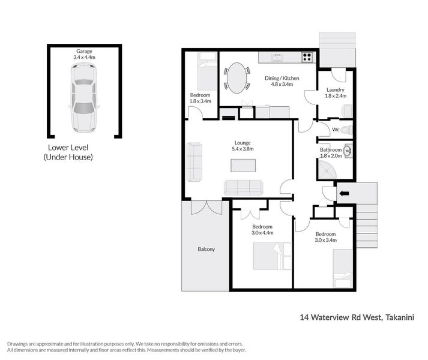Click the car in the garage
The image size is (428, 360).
[x=83, y=97]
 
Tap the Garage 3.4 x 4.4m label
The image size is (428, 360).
[x=83, y=55]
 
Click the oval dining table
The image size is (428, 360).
[x=238, y=78]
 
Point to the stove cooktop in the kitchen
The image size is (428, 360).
[x=307, y=58]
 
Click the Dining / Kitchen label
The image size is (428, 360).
[x=282, y=81]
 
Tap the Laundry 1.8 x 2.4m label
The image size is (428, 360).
[x=336, y=92]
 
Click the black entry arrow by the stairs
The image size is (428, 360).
[x=344, y=193]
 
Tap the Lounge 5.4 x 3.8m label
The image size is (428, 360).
[x=243, y=145]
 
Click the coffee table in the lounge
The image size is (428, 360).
[x=243, y=164]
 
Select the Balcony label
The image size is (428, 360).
[x=206, y=249]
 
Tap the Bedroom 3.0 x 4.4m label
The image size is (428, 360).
[x=262, y=229]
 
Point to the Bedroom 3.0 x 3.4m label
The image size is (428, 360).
[x=325, y=236]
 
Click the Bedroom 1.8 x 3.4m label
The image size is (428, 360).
[x=200, y=98]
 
